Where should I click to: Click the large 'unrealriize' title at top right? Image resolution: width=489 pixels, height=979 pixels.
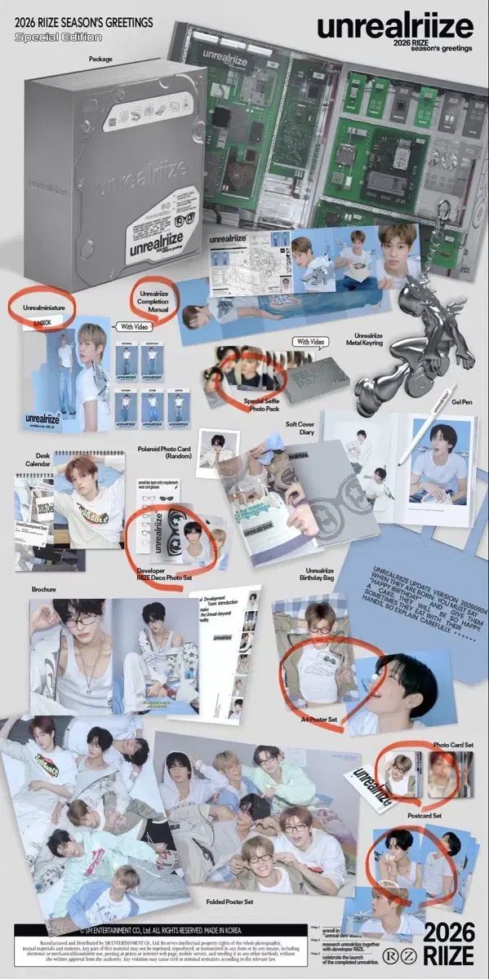tap(395, 27)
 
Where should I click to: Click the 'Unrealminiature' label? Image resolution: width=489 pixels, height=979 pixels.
tap(42, 306)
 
